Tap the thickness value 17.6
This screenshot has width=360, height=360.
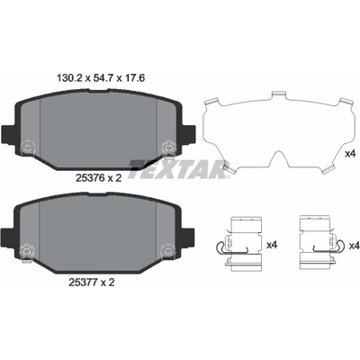click(x=134, y=78)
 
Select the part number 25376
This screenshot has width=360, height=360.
click(x=86, y=178)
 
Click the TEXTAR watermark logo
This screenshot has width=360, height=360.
click(x=179, y=169)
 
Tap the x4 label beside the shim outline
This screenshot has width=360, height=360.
click(x=350, y=154)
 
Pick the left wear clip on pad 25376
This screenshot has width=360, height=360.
click(x=28, y=148)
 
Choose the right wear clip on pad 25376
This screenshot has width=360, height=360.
click(x=168, y=148)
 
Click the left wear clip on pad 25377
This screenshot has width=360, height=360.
click(x=27, y=251)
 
